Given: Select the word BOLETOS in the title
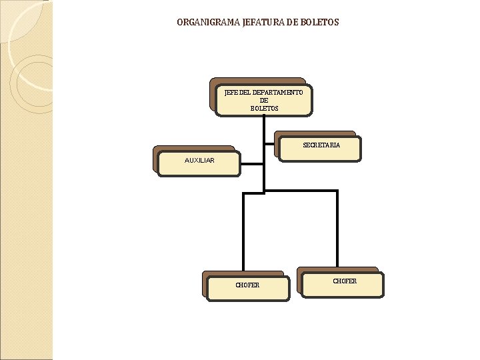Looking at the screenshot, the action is [319, 22].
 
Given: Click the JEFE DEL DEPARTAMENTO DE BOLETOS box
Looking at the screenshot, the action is [264, 100].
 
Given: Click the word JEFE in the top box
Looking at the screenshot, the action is [233, 93].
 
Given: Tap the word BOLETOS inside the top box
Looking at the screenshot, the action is [264, 108].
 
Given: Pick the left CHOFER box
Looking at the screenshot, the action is [247, 287].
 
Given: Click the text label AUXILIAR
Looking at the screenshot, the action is [199, 161].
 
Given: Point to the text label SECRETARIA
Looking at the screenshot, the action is [321, 145].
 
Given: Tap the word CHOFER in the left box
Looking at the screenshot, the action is [247, 285].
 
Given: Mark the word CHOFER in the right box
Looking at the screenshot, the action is [345, 281].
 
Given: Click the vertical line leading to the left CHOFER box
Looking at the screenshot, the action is [243, 233].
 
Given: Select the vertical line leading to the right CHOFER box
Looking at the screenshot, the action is [337, 230].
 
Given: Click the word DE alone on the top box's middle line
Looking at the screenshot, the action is [264, 101].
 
